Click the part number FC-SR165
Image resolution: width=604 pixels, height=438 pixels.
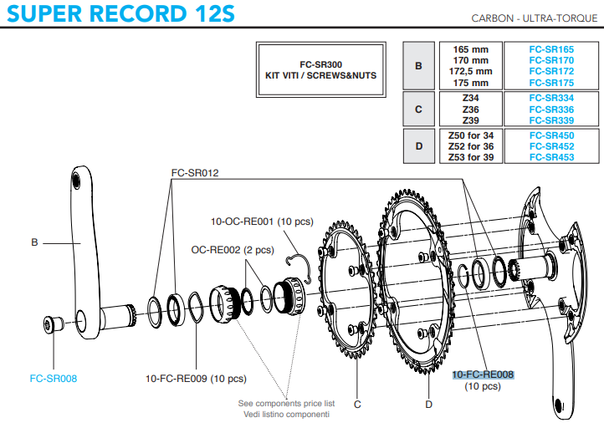(551, 49)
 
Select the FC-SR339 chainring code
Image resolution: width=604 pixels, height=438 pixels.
(551, 120)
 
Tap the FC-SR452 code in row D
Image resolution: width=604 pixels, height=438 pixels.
(551, 146)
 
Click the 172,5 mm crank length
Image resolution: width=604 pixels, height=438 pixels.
(470, 72)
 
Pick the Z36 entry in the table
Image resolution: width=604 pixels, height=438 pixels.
(471, 109)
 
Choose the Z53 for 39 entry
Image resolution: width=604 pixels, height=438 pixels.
(471, 157)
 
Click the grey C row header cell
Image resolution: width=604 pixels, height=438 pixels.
(419, 109)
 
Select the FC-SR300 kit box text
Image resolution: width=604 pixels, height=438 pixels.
(321, 70)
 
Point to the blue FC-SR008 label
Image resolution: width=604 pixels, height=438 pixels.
(54, 379)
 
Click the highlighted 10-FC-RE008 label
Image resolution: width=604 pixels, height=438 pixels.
(483, 374)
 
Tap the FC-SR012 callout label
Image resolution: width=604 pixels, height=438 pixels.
(195, 173)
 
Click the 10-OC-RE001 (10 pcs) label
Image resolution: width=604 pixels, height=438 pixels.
(262, 222)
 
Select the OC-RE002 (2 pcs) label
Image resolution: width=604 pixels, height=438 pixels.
(233, 250)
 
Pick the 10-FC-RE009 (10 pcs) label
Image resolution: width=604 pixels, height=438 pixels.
(196, 379)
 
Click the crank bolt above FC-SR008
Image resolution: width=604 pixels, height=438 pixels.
(54, 324)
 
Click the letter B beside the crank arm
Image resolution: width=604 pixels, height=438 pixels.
(34, 242)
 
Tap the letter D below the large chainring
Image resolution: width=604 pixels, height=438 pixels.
(428, 405)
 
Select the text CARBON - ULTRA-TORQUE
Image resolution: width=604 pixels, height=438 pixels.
(535, 18)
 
